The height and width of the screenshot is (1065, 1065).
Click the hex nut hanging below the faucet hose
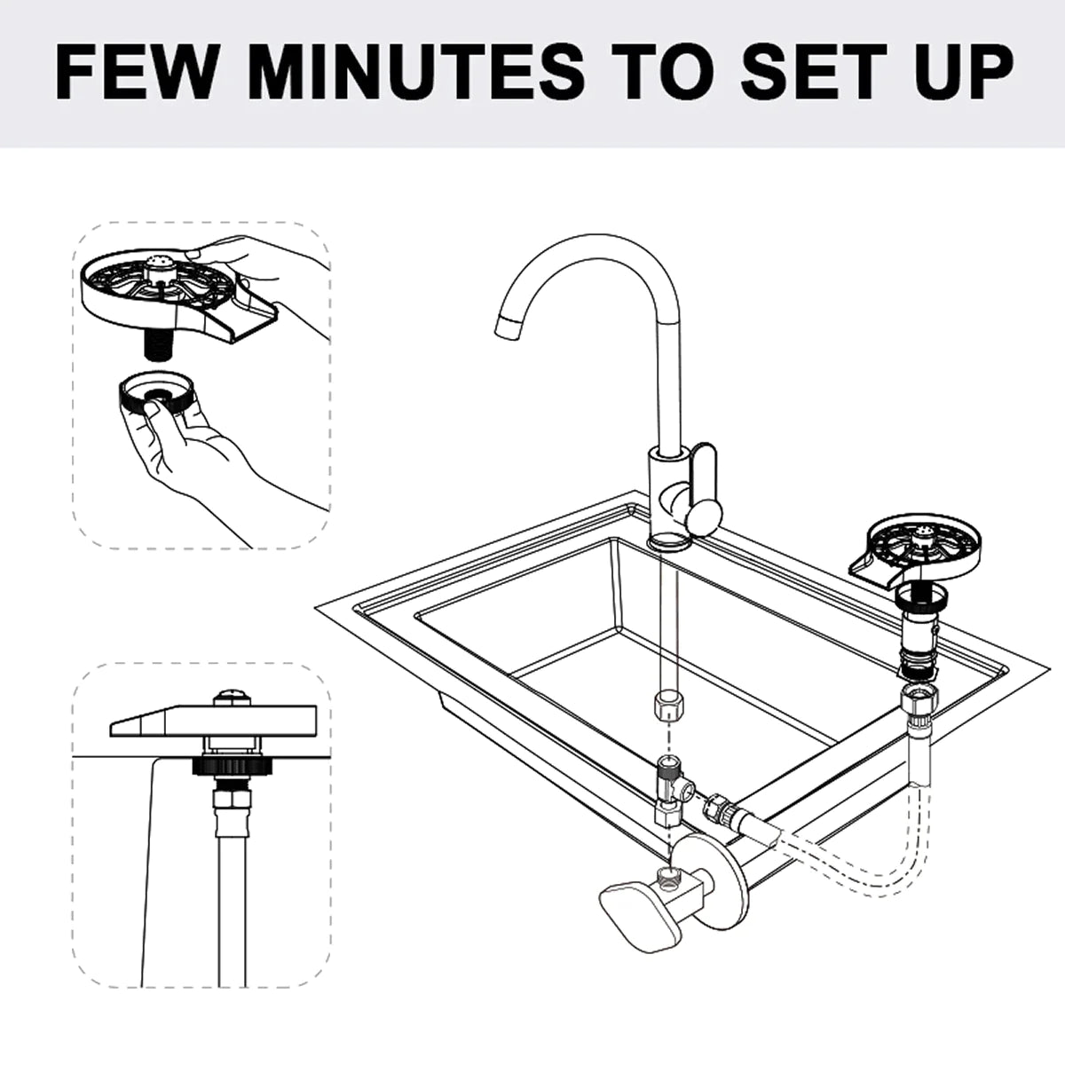[x=667, y=708]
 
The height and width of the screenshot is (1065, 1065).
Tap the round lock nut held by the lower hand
[x=156, y=390]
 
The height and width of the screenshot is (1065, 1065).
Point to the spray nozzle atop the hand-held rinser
[x=159, y=261]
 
